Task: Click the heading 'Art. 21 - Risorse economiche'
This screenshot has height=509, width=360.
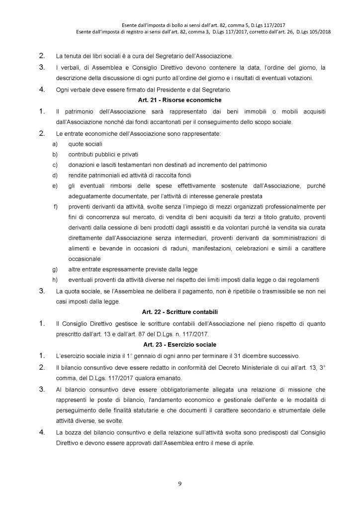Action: [x=180, y=99]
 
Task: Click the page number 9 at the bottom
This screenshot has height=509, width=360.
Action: [x=180, y=482]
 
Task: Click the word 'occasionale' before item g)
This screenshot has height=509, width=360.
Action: [x=84, y=258]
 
